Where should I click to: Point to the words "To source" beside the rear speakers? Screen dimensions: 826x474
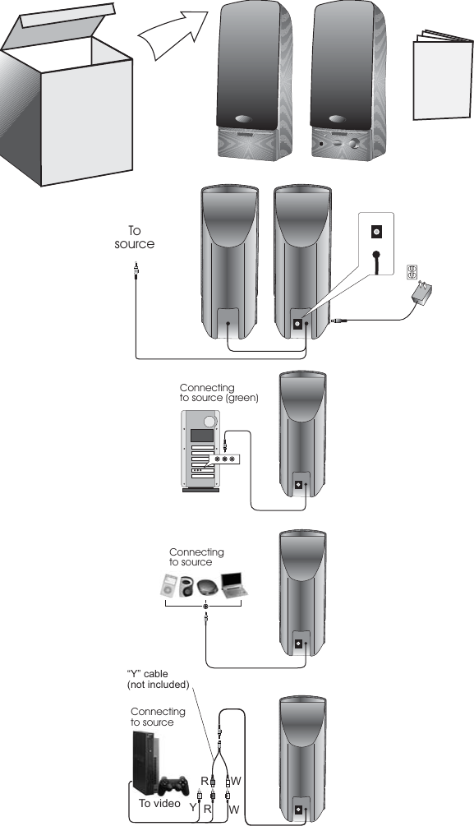(x=135, y=238)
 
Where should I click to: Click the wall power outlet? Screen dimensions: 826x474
(x=412, y=271)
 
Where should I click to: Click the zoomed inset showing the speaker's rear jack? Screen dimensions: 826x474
(x=376, y=247)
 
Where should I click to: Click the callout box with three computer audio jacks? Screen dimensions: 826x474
(x=225, y=459)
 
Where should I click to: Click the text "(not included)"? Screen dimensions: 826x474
(x=157, y=684)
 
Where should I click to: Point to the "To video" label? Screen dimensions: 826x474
(x=156, y=803)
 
